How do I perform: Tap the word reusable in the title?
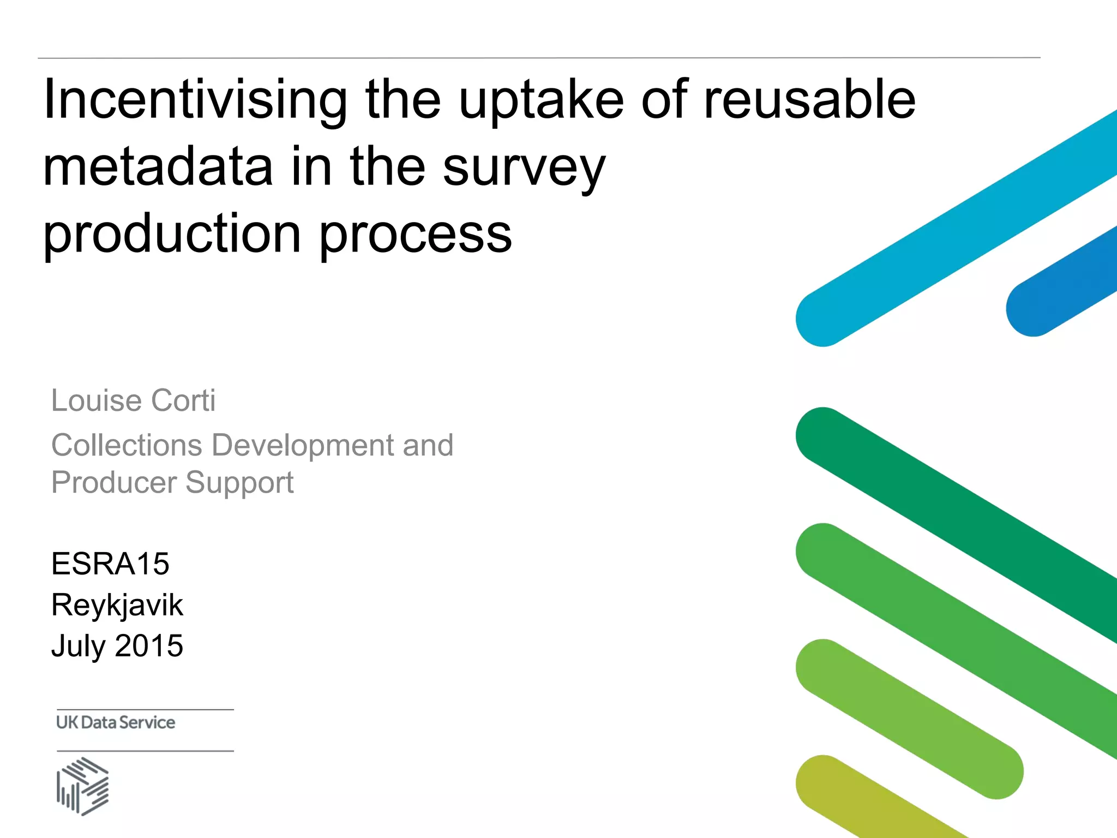point(809,100)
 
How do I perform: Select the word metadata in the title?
point(158,167)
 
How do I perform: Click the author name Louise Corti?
point(133,400)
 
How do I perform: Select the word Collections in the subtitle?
point(127,445)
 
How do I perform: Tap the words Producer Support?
point(172,483)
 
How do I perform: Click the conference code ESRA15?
point(110,564)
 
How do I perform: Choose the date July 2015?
point(117,646)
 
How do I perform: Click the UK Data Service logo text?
point(116,722)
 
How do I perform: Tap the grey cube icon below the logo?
point(83,786)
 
